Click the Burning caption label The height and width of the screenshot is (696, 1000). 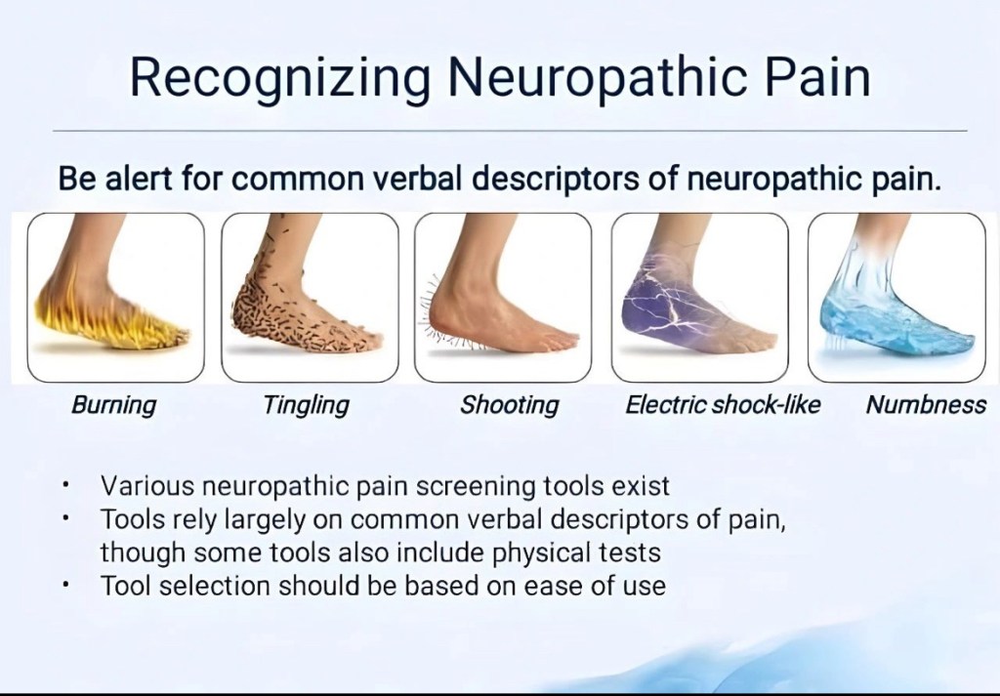113,405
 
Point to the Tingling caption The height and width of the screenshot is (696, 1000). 306,405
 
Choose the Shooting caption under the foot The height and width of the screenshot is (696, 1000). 510,405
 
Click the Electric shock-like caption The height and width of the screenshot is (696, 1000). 723,405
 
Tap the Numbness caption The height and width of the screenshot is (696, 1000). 926,405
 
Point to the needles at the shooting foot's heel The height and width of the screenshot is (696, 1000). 430,312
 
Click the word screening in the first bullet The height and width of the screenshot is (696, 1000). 476,487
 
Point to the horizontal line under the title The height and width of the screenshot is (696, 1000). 510,131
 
